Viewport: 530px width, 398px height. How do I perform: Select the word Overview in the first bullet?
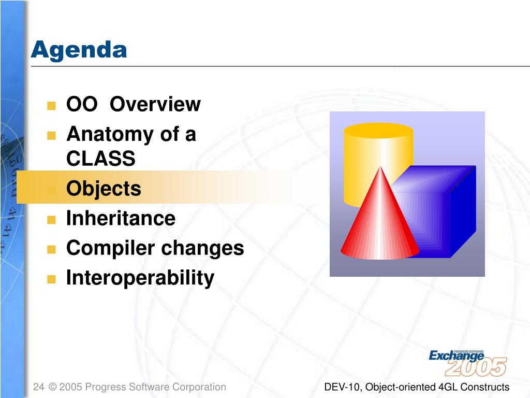(155, 104)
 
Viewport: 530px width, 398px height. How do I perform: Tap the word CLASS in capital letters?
(101, 159)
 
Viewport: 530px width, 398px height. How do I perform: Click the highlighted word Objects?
(104, 189)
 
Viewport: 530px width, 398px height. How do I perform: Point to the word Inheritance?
(121, 218)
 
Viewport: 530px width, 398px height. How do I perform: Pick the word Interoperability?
(140, 278)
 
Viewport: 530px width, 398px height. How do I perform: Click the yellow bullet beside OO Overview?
(51, 106)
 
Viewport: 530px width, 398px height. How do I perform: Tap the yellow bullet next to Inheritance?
(51, 220)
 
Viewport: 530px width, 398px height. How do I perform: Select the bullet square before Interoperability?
(51, 279)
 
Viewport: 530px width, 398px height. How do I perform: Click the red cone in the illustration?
(380, 223)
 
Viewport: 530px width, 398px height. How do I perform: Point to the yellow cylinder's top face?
(378, 130)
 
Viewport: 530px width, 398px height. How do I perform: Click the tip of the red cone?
(380, 166)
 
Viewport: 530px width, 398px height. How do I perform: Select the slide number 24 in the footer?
(38, 387)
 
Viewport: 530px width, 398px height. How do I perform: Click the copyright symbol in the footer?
(52, 387)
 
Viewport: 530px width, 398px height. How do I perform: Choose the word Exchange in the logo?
(457, 356)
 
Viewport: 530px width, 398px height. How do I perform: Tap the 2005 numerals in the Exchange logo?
(476, 367)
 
